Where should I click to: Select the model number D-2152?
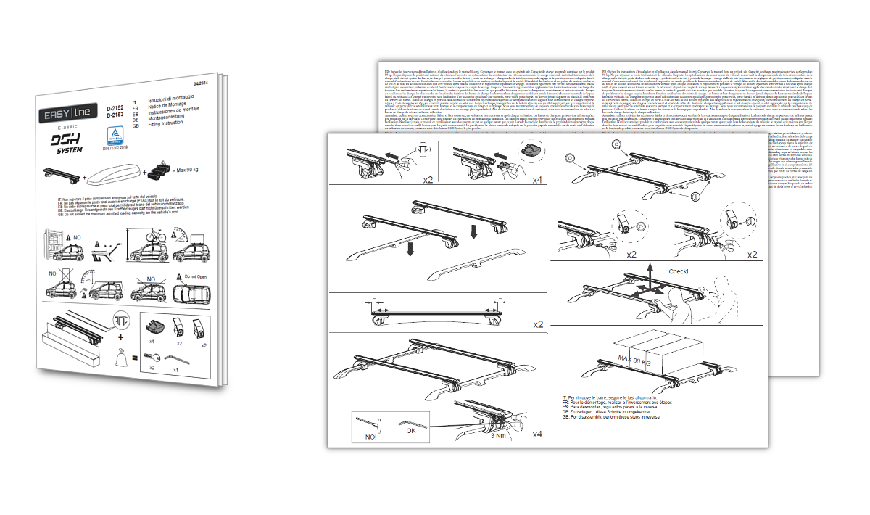coord(115,107)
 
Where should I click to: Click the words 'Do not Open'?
coord(196,276)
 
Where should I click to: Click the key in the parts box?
coord(152,356)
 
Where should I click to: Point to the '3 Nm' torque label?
coord(497,435)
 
